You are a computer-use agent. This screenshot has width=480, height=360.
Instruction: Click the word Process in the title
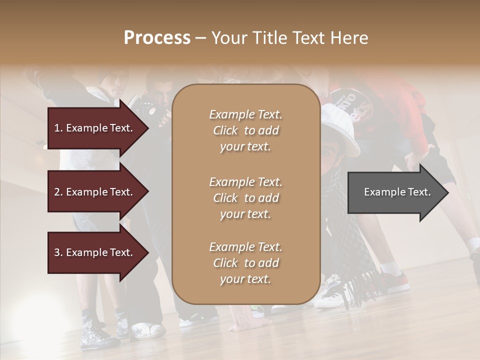pos(157,38)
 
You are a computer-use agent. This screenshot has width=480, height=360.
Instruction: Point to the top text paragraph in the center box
pos(245,130)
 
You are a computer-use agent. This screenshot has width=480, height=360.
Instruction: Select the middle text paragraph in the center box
pos(245,198)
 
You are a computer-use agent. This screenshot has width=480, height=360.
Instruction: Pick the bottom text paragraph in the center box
pos(245,263)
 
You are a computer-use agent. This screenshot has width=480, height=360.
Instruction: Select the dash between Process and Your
pos(200,38)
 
